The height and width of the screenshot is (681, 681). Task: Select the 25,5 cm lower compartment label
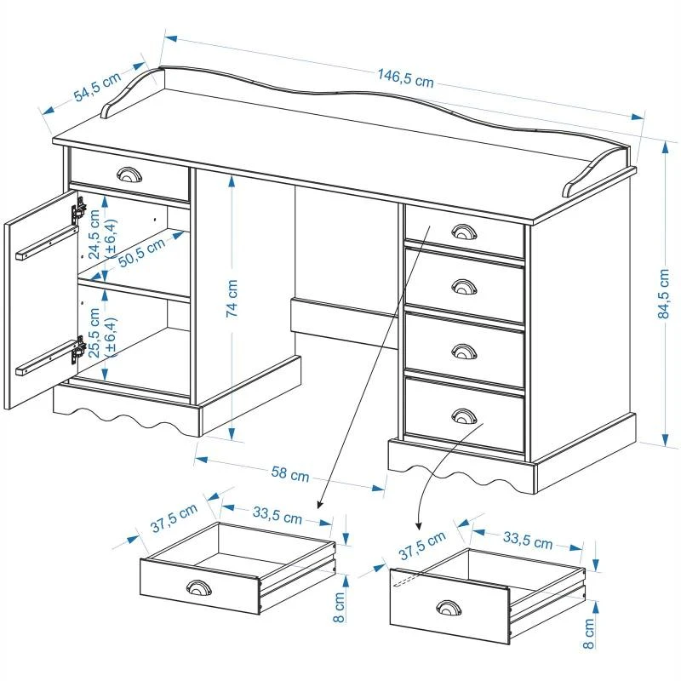pyautogui.click(x=100, y=333)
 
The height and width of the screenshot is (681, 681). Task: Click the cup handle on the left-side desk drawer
pyautogui.click(x=129, y=175)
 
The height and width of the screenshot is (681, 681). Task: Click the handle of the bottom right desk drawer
pyautogui.click(x=464, y=415)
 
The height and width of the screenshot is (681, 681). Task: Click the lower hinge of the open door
pyautogui.click(x=78, y=348)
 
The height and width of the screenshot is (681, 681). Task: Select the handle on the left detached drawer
pyautogui.click(x=198, y=588)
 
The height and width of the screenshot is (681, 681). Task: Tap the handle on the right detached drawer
pyautogui.click(x=446, y=607)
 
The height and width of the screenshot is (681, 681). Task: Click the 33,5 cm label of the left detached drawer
pyautogui.click(x=277, y=516)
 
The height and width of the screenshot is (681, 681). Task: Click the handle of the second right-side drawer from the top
pyautogui.click(x=463, y=286)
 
